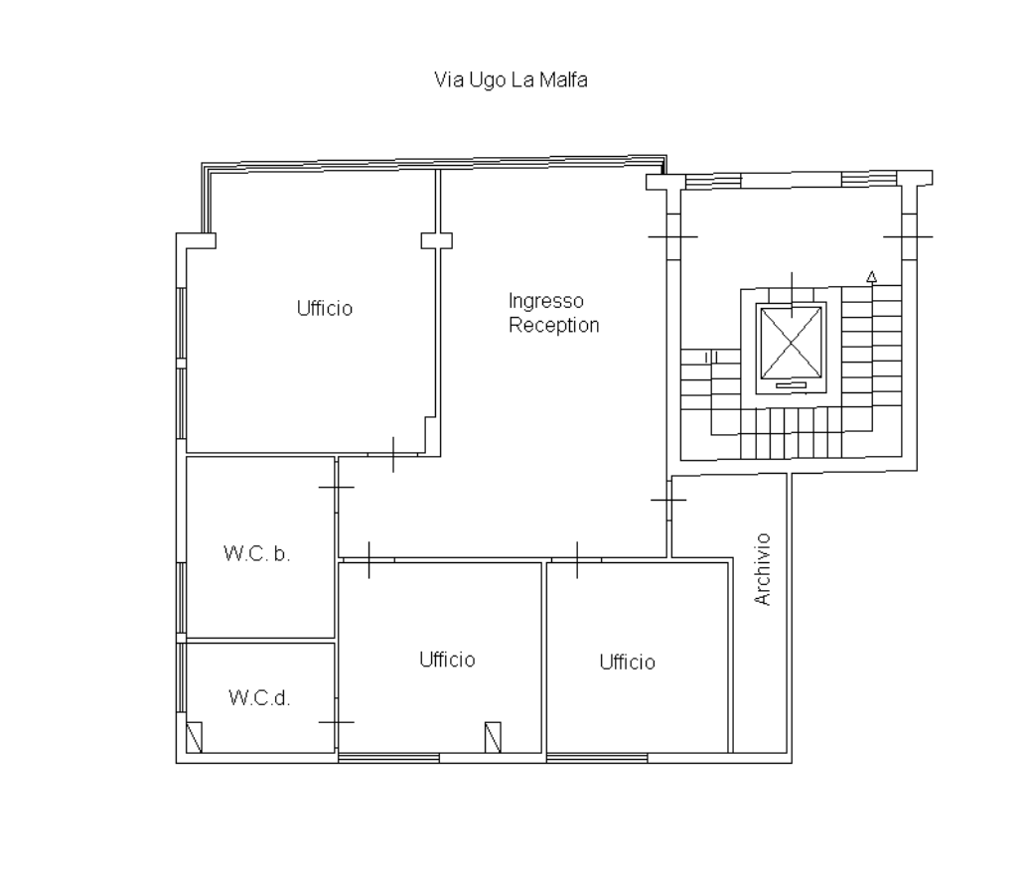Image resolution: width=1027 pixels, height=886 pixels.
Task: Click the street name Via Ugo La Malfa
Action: click(511, 80)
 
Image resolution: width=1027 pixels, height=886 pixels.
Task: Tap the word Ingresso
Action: click(545, 301)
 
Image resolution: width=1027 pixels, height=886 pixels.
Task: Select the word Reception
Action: click(553, 326)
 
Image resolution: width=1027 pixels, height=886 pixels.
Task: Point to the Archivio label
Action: click(763, 569)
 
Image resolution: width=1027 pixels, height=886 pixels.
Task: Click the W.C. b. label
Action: click(256, 554)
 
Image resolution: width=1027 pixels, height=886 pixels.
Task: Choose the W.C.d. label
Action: click(258, 698)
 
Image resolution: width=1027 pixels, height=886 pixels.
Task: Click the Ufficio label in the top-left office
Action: click(324, 309)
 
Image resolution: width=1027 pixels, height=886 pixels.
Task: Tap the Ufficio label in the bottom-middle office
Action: click(447, 660)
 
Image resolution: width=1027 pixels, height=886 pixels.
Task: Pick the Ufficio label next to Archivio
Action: click(628, 663)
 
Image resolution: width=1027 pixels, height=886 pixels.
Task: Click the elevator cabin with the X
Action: click(792, 343)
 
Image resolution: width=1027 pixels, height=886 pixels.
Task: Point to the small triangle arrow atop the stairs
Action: click(872, 277)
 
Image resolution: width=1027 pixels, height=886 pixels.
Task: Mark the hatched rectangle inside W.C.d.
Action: click(195, 737)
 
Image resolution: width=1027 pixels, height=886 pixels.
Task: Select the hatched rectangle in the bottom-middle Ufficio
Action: click(493, 737)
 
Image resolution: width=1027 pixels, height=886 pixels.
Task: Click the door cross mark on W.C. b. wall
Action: click(337, 488)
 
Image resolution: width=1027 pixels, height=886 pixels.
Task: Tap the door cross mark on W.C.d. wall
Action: click(337, 722)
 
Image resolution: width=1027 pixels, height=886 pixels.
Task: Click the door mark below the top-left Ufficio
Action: click(393, 455)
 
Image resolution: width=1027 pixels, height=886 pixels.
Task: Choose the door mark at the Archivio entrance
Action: click(668, 500)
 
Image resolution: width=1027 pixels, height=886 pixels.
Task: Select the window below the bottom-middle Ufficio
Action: click(388, 758)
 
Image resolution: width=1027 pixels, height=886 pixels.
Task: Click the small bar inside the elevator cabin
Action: click(792, 385)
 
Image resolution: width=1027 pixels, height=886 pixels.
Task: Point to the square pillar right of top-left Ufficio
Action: click(436, 241)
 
